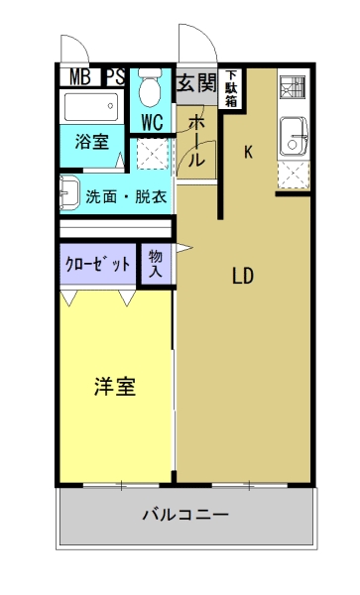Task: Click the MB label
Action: click(x=77, y=76)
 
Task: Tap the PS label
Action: click(x=115, y=76)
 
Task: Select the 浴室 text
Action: click(x=92, y=141)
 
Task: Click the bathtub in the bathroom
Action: click(x=91, y=106)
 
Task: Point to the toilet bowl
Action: click(x=152, y=92)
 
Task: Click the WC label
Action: click(x=152, y=123)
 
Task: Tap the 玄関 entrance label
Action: click(x=195, y=83)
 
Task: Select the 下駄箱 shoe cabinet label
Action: click(x=231, y=88)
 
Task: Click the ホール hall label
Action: click(x=196, y=139)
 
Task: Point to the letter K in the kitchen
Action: click(x=249, y=152)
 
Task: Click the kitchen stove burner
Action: click(x=294, y=90)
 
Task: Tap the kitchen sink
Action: click(x=294, y=138)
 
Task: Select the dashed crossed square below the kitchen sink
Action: click(x=295, y=176)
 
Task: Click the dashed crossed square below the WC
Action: click(x=152, y=154)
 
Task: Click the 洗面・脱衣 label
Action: click(x=125, y=195)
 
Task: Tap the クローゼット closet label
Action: click(x=98, y=264)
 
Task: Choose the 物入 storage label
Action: click(x=156, y=264)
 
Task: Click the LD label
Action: click(x=244, y=277)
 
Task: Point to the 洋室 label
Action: click(x=115, y=387)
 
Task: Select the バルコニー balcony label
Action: click(x=185, y=516)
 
